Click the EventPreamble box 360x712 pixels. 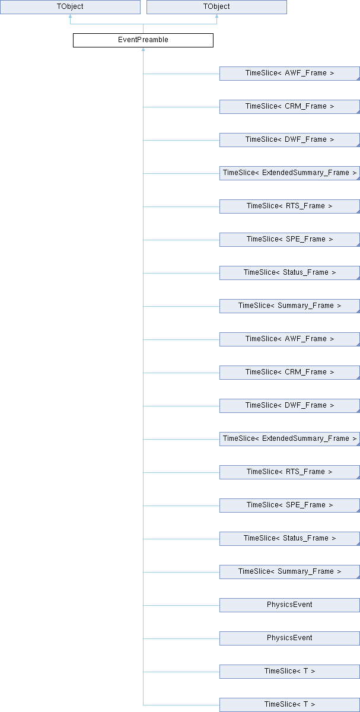point(143,40)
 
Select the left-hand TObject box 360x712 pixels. point(70,7)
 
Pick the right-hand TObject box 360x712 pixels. point(216,7)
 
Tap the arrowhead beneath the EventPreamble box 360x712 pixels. point(144,50)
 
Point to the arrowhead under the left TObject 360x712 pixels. point(70,16)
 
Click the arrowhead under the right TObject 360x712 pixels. point(216,16)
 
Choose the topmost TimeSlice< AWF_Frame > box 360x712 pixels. point(289,74)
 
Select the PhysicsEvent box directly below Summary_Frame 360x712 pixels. point(289,605)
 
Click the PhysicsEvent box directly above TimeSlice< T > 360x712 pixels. point(289,638)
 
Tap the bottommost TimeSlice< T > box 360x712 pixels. point(289,705)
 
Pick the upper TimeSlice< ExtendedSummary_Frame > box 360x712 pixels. point(289,173)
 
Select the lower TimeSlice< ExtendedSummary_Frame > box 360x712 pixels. point(289,439)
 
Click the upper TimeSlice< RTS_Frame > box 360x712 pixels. point(289,206)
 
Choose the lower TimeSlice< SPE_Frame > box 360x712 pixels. point(289,506)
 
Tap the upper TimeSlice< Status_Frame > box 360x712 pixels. point(289,273)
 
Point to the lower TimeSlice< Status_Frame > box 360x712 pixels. point(289,539)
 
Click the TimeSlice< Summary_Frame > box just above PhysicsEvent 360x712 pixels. point(289,572)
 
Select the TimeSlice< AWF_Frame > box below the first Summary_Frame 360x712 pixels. point(289,339)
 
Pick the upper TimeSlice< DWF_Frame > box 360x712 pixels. point(289,140)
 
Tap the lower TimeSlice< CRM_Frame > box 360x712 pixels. point(289,373)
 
